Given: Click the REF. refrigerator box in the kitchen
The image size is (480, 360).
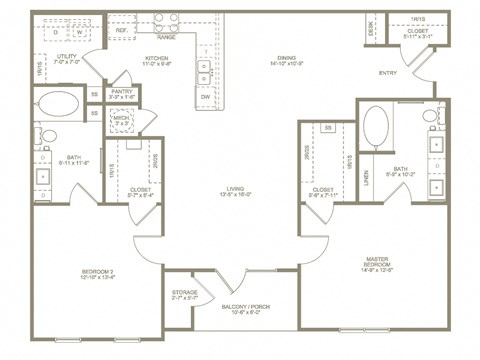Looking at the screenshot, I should (x=122, y=31).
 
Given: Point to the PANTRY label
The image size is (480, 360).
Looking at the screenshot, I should (x=122, y=93).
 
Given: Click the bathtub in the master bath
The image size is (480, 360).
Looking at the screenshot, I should (x=378, y=128).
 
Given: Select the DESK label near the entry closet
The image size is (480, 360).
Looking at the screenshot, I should (x=371, y=29).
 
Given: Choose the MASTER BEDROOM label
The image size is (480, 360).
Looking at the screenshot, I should (x=385, y=263).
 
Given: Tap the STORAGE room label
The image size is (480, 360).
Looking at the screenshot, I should (x=182, y=291).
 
